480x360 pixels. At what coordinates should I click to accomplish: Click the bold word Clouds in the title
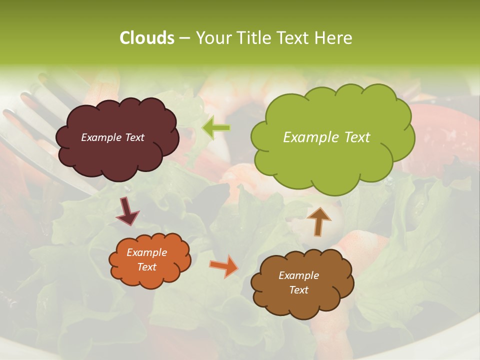tap(147, 37)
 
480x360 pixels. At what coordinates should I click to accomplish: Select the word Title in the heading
tap(253, 37)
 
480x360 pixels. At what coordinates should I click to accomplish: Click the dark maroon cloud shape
tap(117, 155)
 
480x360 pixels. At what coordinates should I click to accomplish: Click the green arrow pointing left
tap(216, 128)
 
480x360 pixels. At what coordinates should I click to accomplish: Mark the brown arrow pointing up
tap(318, 221)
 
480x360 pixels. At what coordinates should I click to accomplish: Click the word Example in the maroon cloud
tap(101, 137)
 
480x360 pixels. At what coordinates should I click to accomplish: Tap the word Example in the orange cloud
tap(147, 252)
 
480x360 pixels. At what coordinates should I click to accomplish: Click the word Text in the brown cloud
tap(298, 290)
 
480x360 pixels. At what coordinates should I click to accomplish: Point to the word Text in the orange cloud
tap(147, 267)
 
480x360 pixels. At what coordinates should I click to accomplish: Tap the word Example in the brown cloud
tap(298, 275)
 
